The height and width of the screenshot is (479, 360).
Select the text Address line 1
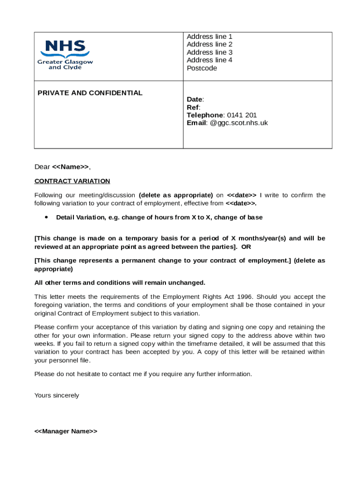coord(209,36)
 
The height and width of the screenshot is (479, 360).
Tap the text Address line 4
coord(209,60)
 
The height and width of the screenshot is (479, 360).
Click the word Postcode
coord(202,68)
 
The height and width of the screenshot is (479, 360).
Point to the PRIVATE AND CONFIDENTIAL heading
coord(90,93)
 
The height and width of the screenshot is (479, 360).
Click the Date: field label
coord(195,99)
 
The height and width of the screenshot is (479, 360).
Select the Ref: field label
coord(193,107)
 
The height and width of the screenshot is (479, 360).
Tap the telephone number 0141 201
coord(242,115)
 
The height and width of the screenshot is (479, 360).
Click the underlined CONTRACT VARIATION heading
coord(72,181)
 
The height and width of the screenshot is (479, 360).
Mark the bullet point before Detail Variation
coord(46,218)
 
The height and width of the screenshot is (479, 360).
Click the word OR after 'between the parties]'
coord(246,247)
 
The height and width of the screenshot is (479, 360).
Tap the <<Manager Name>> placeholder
coord(66,431)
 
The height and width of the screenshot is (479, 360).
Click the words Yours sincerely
coord(57,395)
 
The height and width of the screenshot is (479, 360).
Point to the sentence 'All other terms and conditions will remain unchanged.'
coord(120,283)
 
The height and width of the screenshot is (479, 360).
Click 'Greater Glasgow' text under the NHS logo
coord(65,62)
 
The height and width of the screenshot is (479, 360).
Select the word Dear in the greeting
coord(42,167)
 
